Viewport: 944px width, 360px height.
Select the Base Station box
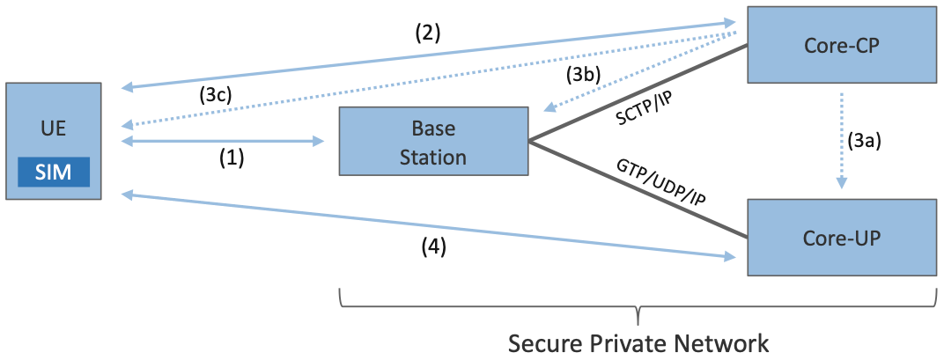433,142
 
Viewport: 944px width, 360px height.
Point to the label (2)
427,33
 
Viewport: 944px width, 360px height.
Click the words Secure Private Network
639,341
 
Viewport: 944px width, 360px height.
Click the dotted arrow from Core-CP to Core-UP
842,140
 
